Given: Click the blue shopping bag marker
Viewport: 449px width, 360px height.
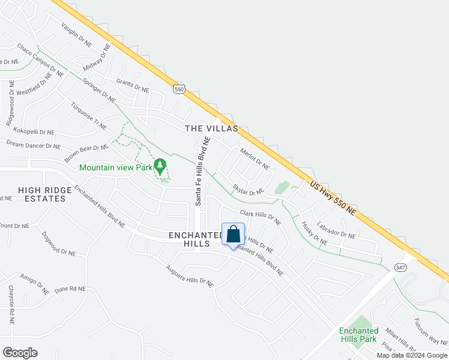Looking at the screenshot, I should [x=233, y=235].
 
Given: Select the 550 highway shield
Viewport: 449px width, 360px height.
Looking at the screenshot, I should [x=178, y=89].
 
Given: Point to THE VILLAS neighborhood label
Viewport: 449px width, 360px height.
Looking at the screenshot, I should [x=211, y=128].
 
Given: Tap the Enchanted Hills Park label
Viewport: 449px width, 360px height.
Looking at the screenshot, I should [x=358, y=335].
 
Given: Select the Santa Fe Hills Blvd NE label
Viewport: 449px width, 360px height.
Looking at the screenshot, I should [x=202, y=170].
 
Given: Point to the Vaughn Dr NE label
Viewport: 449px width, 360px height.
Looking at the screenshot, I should [x=76, y=35].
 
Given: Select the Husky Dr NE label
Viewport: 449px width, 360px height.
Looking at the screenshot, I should [x=315, y=233].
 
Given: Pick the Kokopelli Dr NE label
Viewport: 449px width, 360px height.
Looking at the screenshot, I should [x=29, y=131].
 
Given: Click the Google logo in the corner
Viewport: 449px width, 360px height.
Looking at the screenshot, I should [x=20, y=352].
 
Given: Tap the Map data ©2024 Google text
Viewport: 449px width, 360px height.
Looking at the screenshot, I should [x=412, y=355].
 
